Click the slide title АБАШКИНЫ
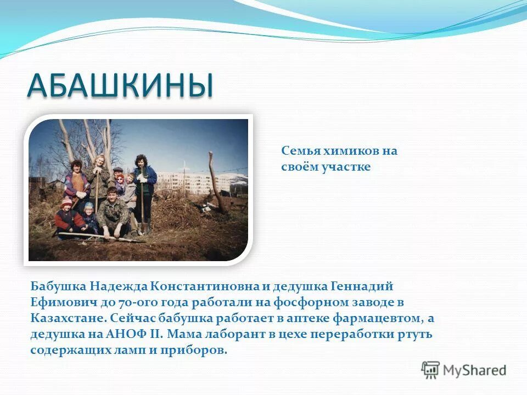click(120, 86)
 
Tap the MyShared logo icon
click(431, 370)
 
